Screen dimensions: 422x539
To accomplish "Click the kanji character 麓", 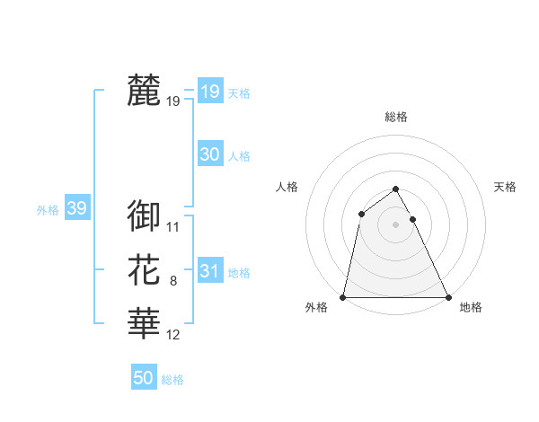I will coord(144,91).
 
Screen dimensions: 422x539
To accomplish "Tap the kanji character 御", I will coord(144,216).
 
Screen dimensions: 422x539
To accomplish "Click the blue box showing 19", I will coord(210,91).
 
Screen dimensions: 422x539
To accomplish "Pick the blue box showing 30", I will coord(210,154).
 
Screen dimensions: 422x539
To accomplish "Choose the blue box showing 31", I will coord(210,271).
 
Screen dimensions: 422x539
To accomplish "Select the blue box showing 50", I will coord(144,378).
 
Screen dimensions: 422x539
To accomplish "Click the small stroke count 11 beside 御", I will coord(173,227).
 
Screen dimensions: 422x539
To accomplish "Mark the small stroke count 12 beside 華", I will coord(173,335).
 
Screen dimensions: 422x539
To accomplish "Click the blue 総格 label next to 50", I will coord(172,380).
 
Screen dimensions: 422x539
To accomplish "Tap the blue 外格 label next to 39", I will coord(48,210).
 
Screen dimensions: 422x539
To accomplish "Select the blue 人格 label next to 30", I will coord(239,156).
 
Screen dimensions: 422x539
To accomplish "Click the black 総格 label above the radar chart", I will coord(395,117).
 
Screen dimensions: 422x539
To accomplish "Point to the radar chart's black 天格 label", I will coord(505,187).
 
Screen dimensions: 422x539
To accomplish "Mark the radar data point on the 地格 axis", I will coord(447,297).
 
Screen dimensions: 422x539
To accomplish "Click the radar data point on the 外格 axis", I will coord(343,297).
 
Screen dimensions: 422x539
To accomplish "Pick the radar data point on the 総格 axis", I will coord(395,189).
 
